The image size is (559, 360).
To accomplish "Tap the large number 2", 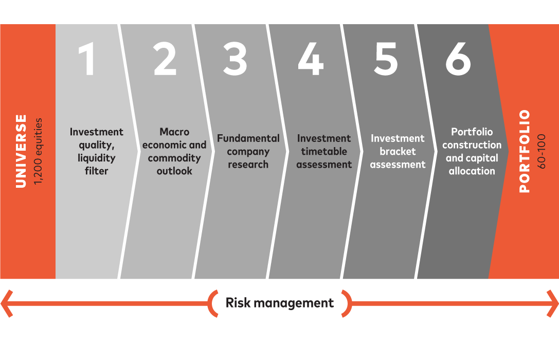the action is [165, 59].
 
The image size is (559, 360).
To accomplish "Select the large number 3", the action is [235, 59].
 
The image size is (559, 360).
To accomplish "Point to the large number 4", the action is [311, 59].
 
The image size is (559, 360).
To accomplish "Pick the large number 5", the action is [386, 59].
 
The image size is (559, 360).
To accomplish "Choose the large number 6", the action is [458, 59].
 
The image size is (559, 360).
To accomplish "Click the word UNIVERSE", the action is [21, 151].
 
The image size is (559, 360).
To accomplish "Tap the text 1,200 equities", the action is [38, 152].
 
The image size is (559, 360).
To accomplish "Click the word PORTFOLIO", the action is [525, 151].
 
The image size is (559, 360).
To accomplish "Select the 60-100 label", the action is [541, 151].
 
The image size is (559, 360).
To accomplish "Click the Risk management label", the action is [280, 303].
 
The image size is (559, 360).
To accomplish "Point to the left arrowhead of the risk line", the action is [6, 303].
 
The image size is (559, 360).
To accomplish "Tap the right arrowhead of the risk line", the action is [553, 303].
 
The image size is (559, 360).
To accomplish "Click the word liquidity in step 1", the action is [96, 158].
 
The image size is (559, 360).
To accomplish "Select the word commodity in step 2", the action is [174, 158].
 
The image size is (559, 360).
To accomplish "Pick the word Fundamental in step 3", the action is [248, 138].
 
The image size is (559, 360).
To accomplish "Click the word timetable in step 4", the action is [324, 152].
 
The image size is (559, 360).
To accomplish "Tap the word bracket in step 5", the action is [398, 152].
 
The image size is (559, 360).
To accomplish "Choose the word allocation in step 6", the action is [472, 171].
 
